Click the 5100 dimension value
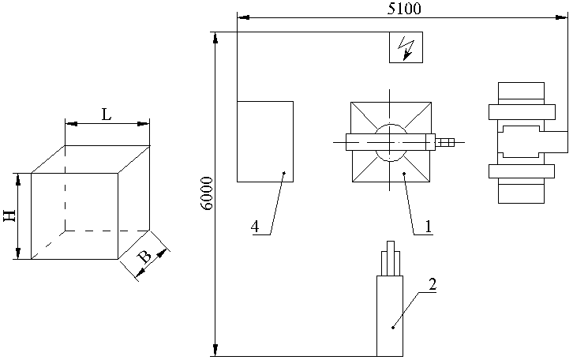(404, 8)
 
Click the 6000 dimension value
(208, 193)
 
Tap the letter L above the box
(107, 114)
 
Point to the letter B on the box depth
(144, 257)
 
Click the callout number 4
(255, 227)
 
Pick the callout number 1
(428, 227)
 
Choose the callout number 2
(433, 284)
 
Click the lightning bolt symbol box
(406, 47)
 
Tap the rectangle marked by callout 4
(265, 141)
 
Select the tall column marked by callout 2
(390, 316)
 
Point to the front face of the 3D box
(74, 216)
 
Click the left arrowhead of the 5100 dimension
(243, 17)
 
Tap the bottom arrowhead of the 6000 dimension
(215, 350)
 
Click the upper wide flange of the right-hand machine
(522, 112)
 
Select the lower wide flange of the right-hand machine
(522, 171)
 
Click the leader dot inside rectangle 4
(284, 173)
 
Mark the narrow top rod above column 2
(391, 257)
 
